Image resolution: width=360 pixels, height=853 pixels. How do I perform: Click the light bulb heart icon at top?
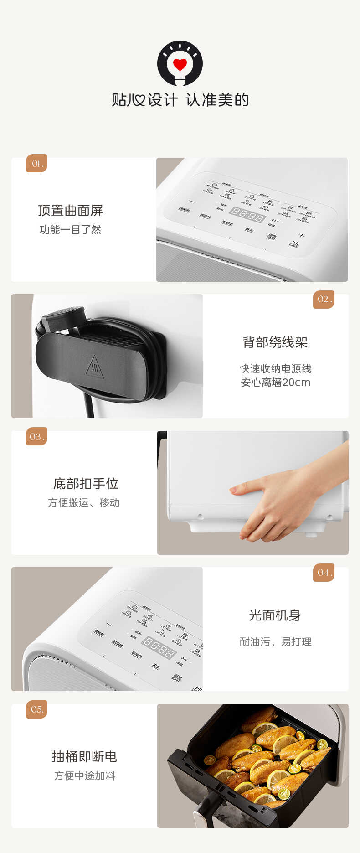[180, 63]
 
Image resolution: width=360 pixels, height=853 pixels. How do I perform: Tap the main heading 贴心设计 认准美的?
[180, 100]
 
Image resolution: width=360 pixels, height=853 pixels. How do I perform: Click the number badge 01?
[37, 164]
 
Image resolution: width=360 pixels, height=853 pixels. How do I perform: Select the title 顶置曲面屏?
[71, 211]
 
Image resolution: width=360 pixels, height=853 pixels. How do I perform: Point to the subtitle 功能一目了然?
[71, 230]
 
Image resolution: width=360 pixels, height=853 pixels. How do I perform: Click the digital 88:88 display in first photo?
[247, 214]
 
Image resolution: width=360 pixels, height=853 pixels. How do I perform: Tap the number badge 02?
[324, 300]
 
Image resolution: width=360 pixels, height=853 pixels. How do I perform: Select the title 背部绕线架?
[275, 342]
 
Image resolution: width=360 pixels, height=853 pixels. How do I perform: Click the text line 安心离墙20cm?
[275, 383]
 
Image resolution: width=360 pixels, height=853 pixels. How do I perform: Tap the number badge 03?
[37, 437]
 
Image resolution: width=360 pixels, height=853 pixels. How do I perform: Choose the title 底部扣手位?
[86, 484]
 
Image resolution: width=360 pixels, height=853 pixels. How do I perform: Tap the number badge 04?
[324, 573]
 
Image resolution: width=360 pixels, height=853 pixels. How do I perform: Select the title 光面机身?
[275, 615]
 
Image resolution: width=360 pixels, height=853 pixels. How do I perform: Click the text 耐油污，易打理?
[275, 642]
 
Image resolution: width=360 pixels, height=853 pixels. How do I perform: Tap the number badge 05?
[37, 709]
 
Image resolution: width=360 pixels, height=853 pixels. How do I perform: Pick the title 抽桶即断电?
[85, 757]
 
